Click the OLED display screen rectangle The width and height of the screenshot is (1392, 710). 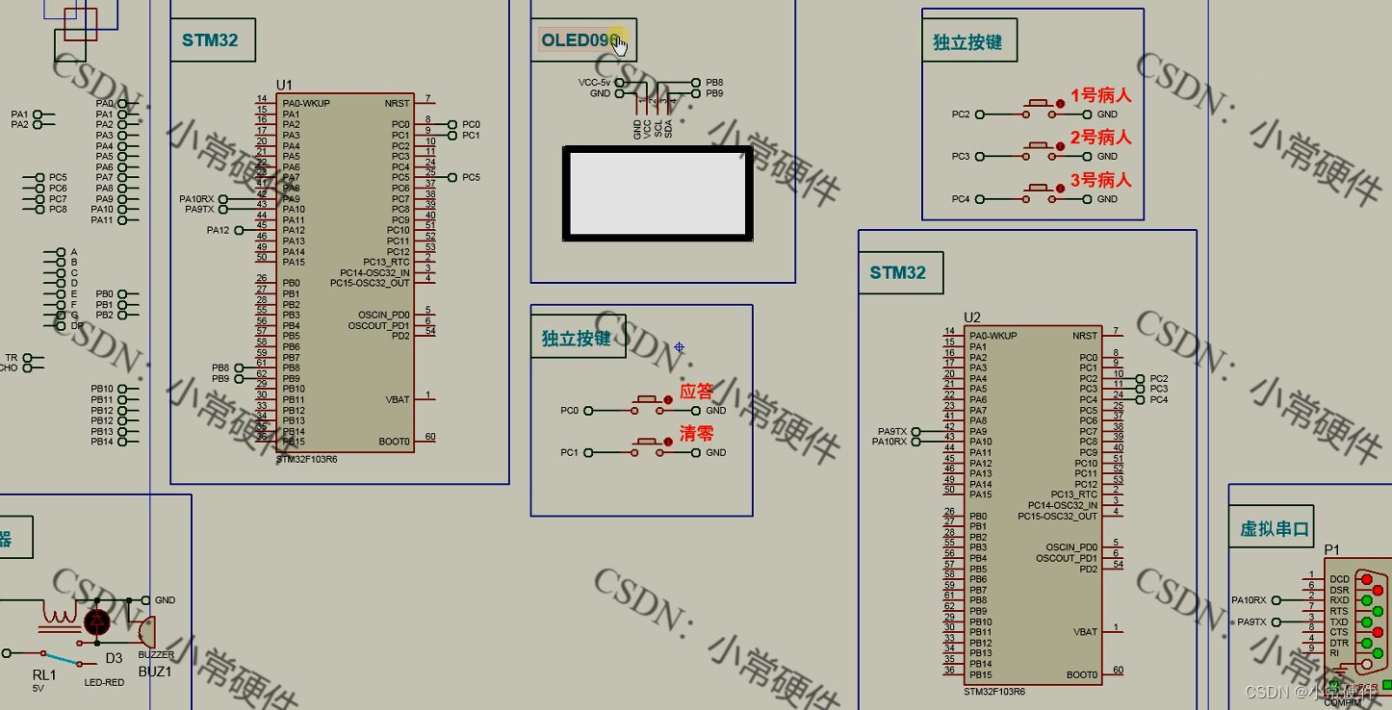(657, 192)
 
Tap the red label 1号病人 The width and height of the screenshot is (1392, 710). (1100, 95)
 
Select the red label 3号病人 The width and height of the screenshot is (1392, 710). (1100, 180)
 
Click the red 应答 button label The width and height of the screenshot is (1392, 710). (697, 392)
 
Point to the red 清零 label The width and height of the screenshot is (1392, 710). (697, 433)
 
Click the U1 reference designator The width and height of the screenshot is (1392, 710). (284, 85)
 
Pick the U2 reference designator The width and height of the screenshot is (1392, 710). (971, 317)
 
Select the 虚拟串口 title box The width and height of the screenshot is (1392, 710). (1275, 529)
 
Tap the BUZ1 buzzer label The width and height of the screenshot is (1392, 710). (155, 672)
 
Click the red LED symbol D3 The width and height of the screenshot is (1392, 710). (97, 621)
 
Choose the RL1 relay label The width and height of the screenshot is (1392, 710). (44, 675)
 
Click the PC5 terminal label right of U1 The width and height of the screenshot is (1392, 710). (471, 178)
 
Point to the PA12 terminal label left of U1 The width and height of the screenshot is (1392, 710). (219, 231)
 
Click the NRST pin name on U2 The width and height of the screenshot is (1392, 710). (1084, 336)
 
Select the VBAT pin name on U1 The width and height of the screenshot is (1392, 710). (398, 399)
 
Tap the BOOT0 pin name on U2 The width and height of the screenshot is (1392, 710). (1082, 674)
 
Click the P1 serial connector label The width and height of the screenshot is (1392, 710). (1331, 549)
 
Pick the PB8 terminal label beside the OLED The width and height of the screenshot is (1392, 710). (714, 83)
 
